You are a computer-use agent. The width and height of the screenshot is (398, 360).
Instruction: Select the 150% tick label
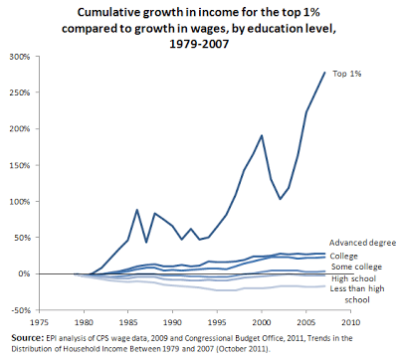coord(19,165)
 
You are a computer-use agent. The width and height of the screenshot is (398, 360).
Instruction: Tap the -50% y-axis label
coord(19,310)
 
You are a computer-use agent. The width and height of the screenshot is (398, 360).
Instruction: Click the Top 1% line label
coord(347,74)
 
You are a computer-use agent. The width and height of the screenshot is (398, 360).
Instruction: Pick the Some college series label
coord(353,266)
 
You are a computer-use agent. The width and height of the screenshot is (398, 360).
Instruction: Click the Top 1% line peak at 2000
coord(261,135)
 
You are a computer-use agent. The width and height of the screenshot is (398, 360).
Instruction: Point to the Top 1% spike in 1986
coord(137,210)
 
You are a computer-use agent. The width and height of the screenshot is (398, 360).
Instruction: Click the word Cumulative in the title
coord(116,11)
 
